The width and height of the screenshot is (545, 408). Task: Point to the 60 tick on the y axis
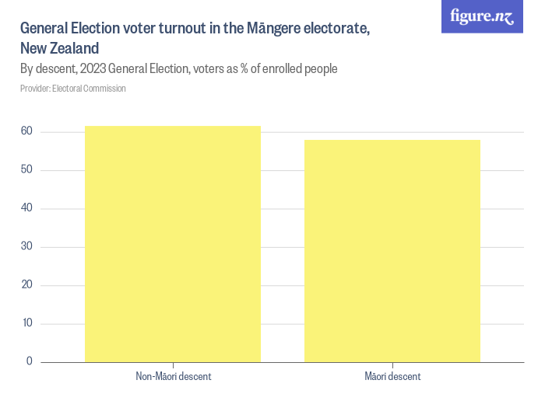tap(26, 132)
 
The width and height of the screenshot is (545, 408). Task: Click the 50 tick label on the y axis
tap(26, 170)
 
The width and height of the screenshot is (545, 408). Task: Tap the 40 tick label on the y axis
tap(26, 208)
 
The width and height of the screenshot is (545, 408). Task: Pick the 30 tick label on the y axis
tap(26, 247)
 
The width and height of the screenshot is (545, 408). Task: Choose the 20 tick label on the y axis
tap(26, 285)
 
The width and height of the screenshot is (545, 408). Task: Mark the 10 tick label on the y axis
tap(26, 323)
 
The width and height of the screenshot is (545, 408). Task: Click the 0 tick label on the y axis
tap(30, 361)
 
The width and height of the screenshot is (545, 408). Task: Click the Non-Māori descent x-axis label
tap(173, 377)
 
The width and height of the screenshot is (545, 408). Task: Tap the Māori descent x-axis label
tap(392, 377)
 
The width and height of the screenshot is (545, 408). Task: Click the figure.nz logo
tap(482, 16)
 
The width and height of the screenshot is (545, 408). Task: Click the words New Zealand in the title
tap(59, 48)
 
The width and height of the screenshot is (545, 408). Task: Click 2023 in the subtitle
tap(94, 69)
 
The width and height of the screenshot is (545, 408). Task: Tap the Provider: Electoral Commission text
tap(73, 89)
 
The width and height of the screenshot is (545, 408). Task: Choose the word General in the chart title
tap(44, 29)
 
